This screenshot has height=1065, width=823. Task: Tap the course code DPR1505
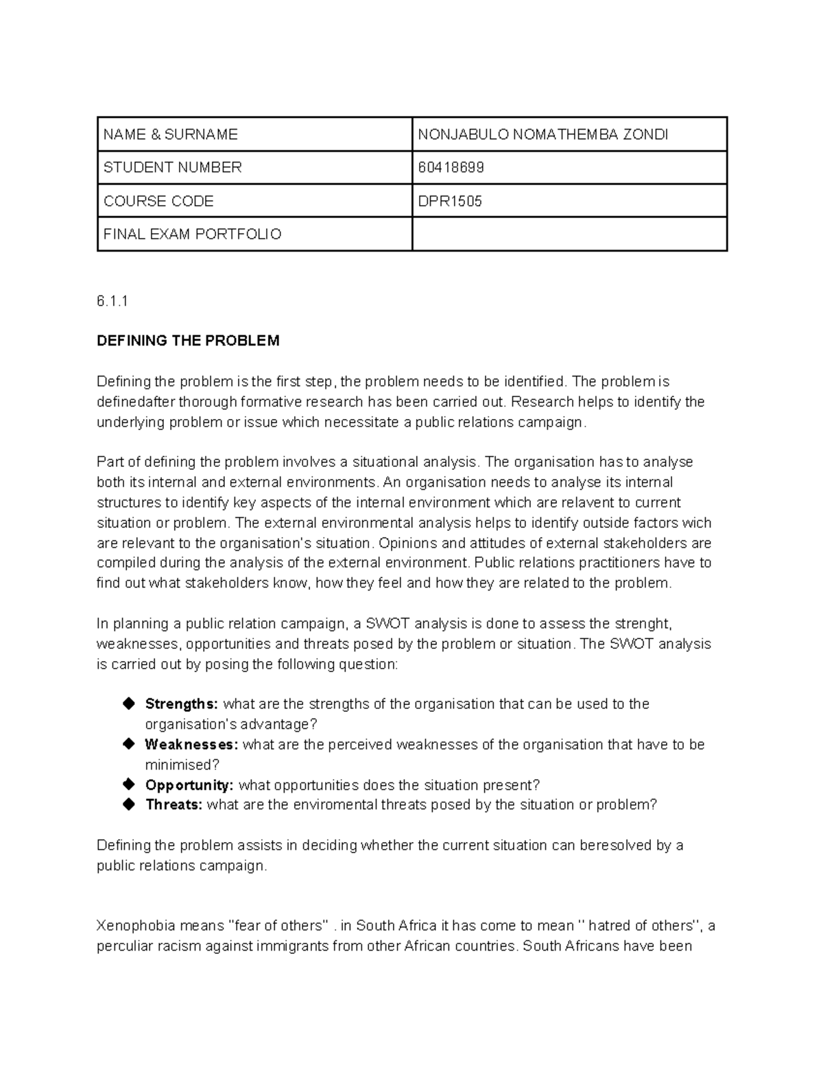[450, 201]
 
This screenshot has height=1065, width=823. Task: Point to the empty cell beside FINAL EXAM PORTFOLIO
[569, 235]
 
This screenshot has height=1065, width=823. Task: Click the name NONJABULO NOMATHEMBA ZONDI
[542, 134]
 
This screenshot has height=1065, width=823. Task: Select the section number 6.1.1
[112, 301]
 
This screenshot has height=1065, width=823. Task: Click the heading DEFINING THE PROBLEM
[188, 341]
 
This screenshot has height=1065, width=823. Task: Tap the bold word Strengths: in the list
[181, 704]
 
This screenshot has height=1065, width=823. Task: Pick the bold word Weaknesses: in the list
[191, 745]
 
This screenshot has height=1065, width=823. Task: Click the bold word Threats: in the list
[174, 805]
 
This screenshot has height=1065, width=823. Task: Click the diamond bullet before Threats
[128, 804]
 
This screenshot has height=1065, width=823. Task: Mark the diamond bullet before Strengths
[128, 704]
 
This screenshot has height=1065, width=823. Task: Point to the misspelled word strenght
[641, 624]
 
